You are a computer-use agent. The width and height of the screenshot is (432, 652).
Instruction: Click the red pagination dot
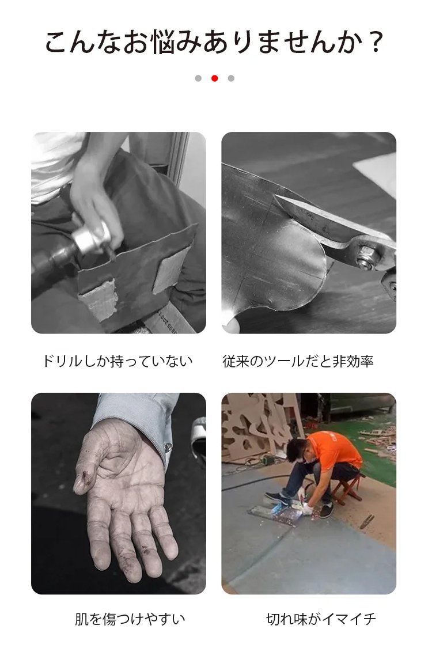(214, 78)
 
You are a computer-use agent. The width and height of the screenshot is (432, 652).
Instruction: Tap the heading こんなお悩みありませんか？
(214, 43)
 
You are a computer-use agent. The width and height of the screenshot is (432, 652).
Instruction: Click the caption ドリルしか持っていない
(118, 361)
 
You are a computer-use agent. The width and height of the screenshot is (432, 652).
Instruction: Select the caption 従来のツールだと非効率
(298, 361)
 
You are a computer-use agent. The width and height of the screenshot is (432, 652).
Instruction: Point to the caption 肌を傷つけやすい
(130, 619)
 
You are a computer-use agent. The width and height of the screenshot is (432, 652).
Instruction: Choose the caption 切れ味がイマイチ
(321, 619)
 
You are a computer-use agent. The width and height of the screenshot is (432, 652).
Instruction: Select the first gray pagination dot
(198, 78)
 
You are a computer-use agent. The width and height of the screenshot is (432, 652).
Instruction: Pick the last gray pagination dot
(231, 78)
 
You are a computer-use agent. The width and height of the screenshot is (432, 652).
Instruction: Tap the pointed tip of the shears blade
(276, 195)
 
